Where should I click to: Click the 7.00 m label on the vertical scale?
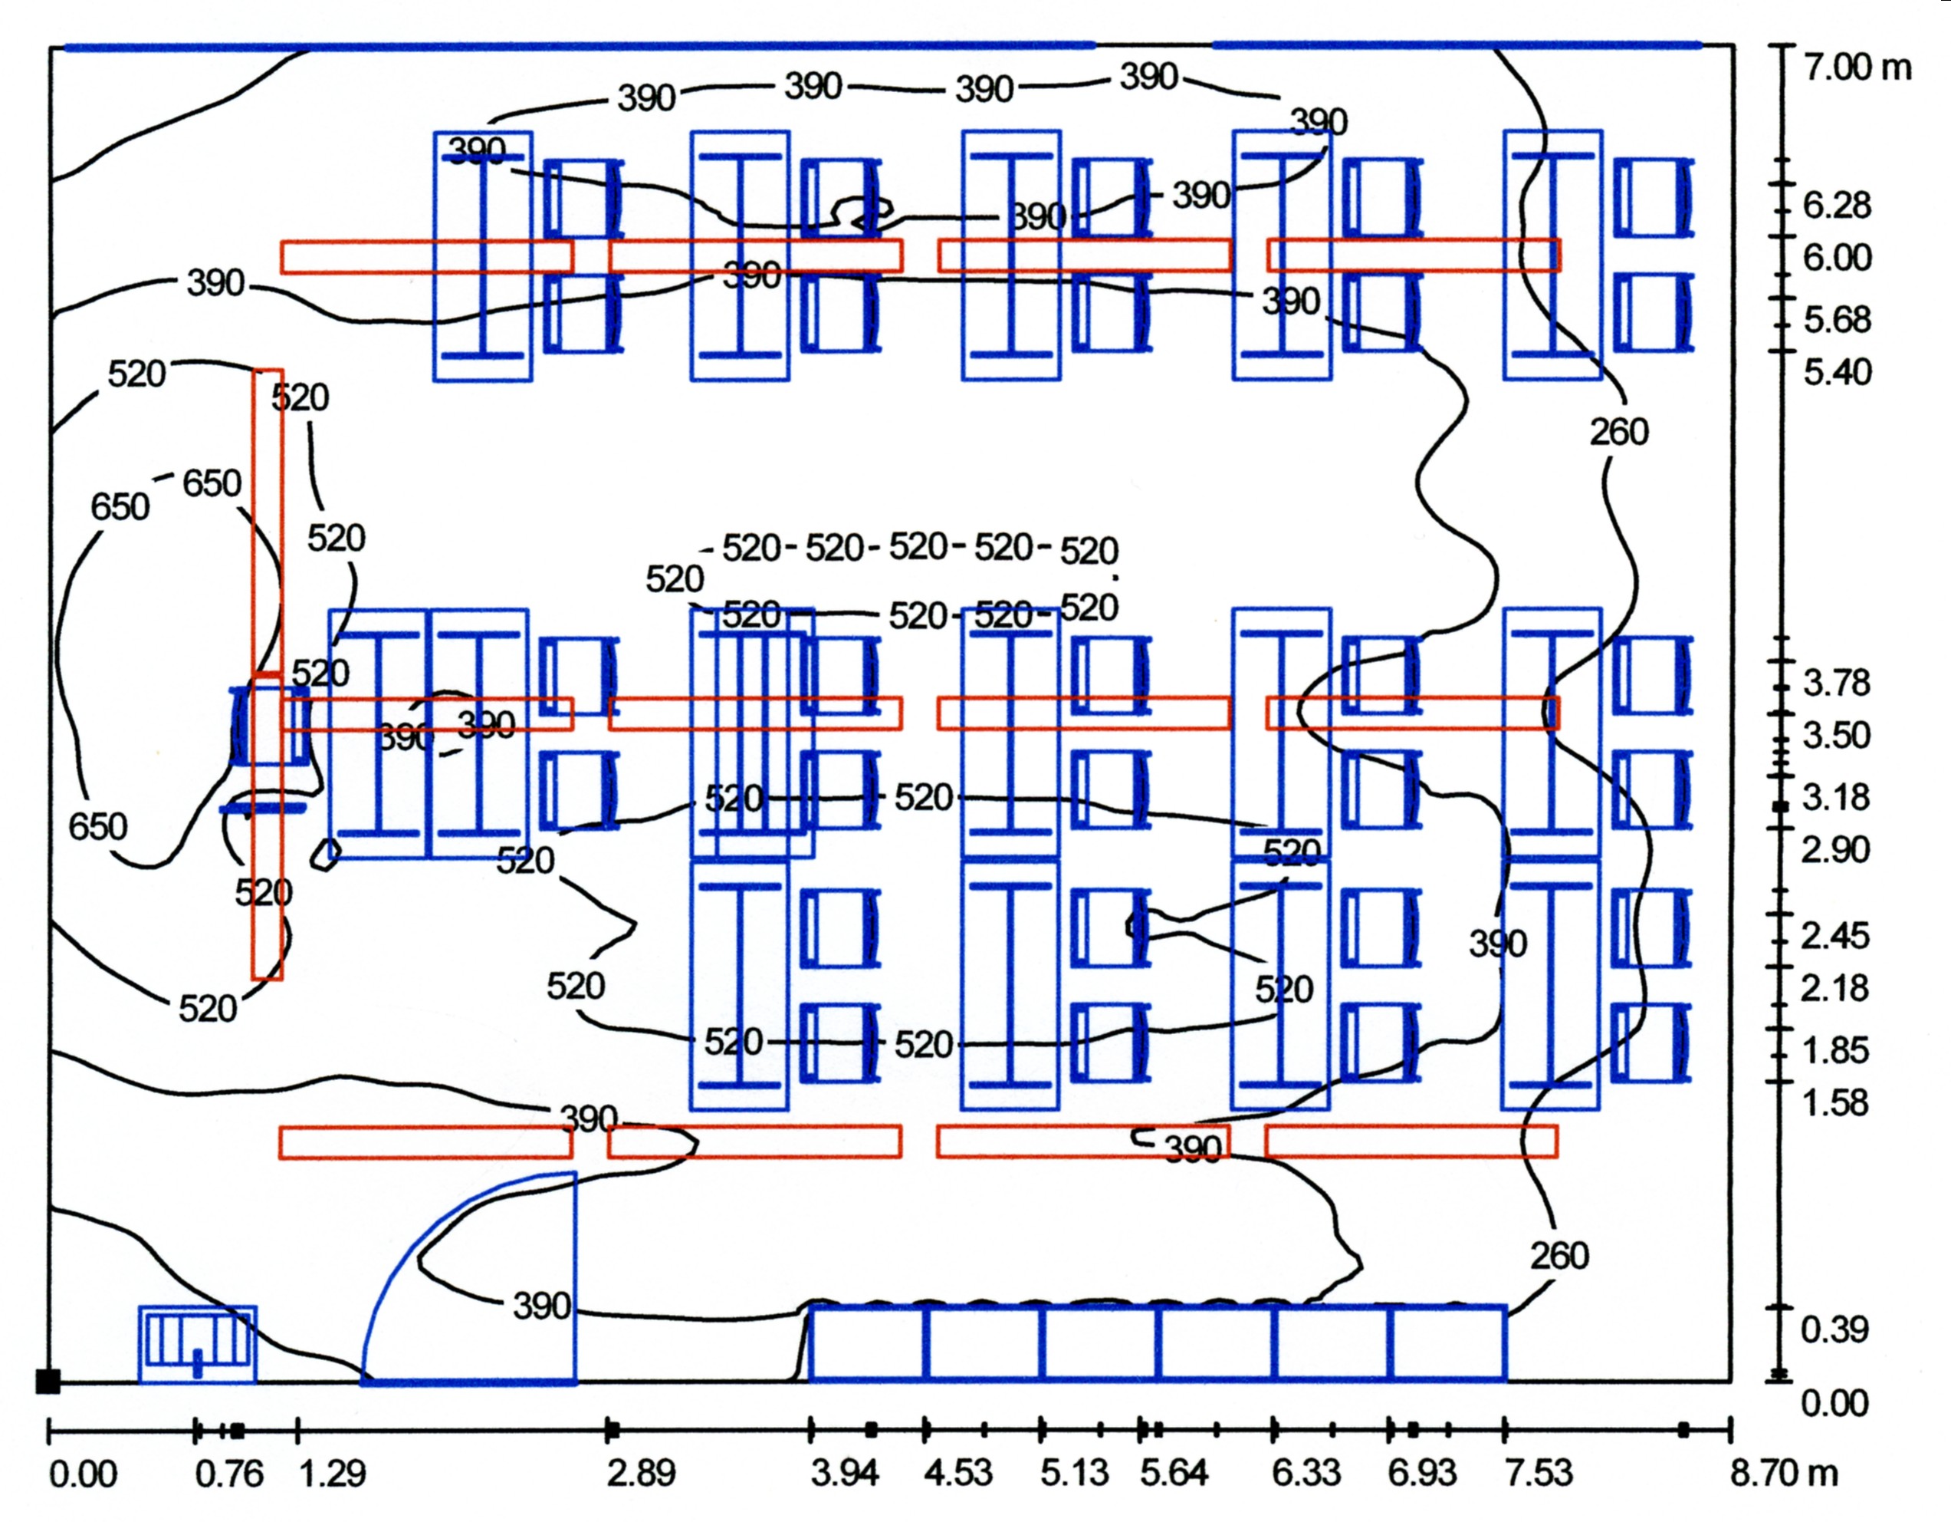(1856, 67)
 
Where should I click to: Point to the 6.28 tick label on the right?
(1836, 206)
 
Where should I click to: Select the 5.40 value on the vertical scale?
(1836, 372)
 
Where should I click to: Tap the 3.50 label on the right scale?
(1836, 736)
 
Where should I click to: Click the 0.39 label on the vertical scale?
(1834, 1330)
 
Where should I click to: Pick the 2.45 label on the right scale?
(1834, 936)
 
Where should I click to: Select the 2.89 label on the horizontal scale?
(641, 1473)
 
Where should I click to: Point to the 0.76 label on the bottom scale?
(229, 1473)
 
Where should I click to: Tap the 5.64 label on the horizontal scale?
(1174, 1473)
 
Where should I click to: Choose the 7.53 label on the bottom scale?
(1539, 1473)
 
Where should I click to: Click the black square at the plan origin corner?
(48, 1381)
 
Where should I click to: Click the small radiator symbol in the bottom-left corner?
(198, 1344)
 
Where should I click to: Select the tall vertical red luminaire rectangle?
(267, 675)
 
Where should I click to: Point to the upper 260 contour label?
(1619, 433)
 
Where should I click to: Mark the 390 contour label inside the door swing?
(541, 1306)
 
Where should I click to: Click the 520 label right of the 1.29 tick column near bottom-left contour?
(207, 1008)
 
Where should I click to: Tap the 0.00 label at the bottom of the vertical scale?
(1834, 1403)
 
